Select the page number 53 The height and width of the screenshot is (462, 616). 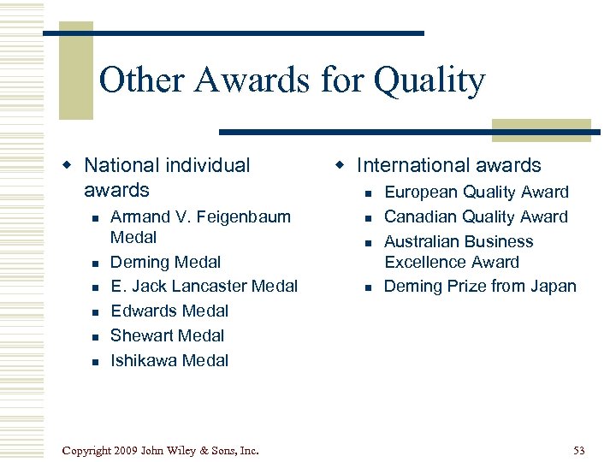[579, 450]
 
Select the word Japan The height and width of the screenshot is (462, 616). [553, 286]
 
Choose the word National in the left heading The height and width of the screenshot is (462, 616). [121, 165]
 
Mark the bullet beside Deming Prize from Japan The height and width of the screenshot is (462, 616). [367, 287]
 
